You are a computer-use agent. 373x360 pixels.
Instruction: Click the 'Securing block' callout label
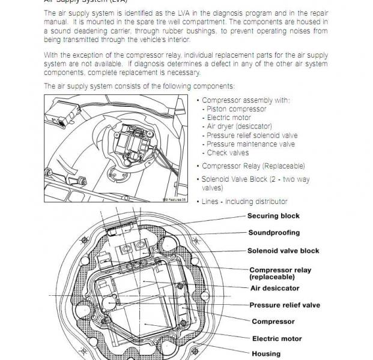tap(273, 216)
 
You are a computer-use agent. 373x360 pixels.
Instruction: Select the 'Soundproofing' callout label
tap(274, 233)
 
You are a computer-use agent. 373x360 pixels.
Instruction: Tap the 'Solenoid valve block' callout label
tap(283, 251)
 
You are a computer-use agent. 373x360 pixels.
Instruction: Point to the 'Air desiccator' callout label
tap(274, 288)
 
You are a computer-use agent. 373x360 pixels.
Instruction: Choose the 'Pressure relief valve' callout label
tap(285, 305)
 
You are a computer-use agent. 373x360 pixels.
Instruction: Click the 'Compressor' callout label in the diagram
tap(273, 322)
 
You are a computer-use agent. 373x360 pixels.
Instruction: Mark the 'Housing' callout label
tap(265, 354)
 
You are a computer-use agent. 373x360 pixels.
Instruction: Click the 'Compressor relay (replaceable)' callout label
tap(280, 274)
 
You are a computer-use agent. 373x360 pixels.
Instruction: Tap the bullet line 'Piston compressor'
tap(236, 109)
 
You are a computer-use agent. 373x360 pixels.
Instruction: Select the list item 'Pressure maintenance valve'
tap(250, 144)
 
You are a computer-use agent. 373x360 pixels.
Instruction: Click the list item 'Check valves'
tap(228, 152)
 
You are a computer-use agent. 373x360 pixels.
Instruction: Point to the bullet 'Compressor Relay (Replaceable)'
tap(253, 166)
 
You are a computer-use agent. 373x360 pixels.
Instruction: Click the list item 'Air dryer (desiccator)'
tap(239, 127)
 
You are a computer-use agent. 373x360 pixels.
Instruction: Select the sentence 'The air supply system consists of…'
tap(139, 86)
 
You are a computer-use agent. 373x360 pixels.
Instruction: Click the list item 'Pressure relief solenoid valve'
tap(252, 136)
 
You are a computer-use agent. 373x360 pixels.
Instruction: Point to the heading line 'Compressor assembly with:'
tap(246, 100)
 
